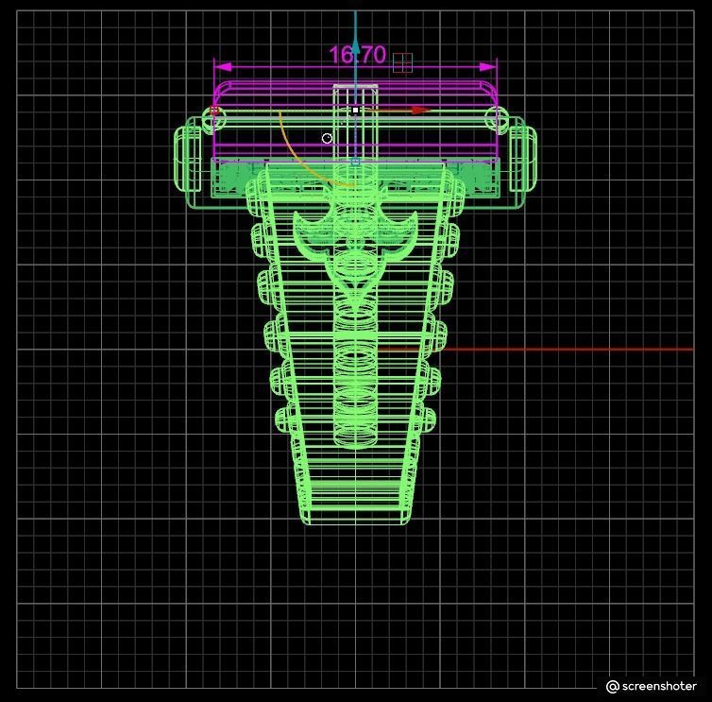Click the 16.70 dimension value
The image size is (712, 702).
click(x=357, y=55)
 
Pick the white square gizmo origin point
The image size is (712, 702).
click(x=355, y=111)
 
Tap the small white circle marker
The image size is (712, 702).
click(x=327, y=138)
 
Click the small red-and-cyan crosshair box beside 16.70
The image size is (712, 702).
click(x=402, y=62)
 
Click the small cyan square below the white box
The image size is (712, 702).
click(x=355, y=163)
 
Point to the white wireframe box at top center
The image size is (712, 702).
click(x=355, y=123)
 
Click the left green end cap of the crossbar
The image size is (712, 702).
click(x=188, y=159)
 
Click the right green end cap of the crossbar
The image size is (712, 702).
click(x=522, y=159)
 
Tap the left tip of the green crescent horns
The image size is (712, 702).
click(x=297, y=218)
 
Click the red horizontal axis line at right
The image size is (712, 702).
click(x=567, y=350)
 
